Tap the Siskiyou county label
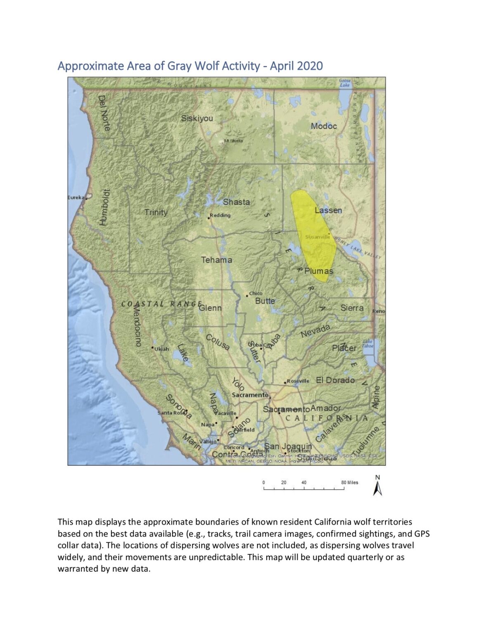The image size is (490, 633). [197, 118]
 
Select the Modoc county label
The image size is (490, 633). [324, 126]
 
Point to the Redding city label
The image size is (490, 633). [220, 215]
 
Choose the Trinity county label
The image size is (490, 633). [156, 212]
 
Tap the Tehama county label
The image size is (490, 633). [216, 260]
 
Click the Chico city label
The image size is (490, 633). [256, 293]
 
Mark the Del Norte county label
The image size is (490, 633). [104, 113]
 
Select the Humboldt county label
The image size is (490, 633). [104, 207]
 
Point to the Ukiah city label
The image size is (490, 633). [162, 349]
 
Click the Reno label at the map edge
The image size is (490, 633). [379, 311]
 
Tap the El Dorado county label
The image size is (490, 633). [335, 380]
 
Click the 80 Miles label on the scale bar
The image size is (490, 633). [350, 483]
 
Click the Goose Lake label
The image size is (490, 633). [345, 83]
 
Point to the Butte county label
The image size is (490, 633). [265, 301]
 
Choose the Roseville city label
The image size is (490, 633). [298, 381]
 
